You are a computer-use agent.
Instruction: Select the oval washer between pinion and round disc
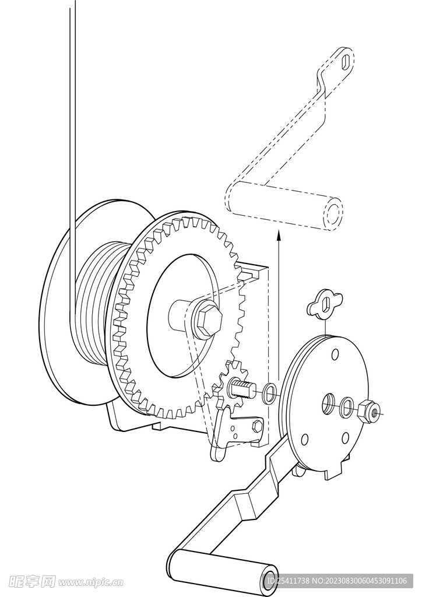tap(270, 394)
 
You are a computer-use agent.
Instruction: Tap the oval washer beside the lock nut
tap(347, 407)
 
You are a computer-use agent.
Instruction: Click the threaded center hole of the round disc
tap(328, 404)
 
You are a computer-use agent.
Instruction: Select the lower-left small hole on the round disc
tap(304, 440)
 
